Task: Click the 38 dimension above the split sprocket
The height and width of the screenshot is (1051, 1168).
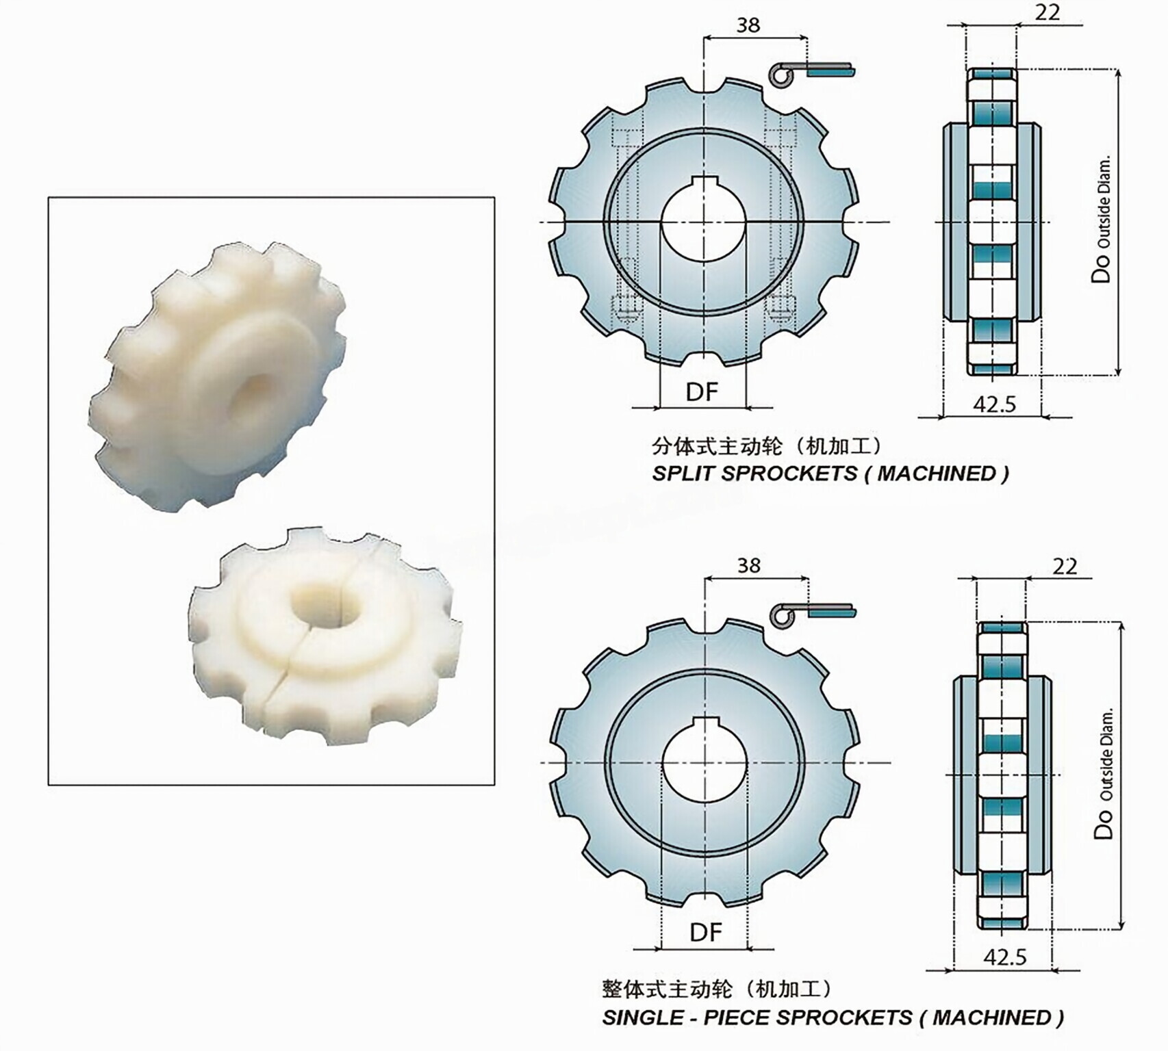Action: pos(748,25)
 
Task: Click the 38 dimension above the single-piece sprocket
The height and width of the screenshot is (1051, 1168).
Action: pos(748,565)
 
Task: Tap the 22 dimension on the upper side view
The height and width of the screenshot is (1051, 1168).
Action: pos(1047,12)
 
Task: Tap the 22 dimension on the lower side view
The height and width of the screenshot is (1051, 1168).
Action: pos(1064,566)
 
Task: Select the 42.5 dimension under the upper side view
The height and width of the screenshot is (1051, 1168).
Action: pos(994,404)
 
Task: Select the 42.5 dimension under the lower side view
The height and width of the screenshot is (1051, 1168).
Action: pos(1004,957)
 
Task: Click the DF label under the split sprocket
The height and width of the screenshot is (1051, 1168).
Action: pos(702,392)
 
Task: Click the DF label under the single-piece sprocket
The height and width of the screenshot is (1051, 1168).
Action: pos(705,932)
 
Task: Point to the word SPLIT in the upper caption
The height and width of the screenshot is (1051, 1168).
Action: pos(684,473)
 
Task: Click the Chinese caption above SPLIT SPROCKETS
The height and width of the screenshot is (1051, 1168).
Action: pos(767,447)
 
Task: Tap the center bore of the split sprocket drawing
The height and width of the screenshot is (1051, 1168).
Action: pos(703,226)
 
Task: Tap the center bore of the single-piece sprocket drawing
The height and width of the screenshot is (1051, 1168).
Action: pos(705,765)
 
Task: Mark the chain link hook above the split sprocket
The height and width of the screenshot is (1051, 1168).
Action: pos(781,74)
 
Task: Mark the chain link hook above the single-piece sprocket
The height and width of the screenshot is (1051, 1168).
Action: pos(783,614)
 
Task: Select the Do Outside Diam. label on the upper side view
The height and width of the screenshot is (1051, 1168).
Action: pos(1102,222)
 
